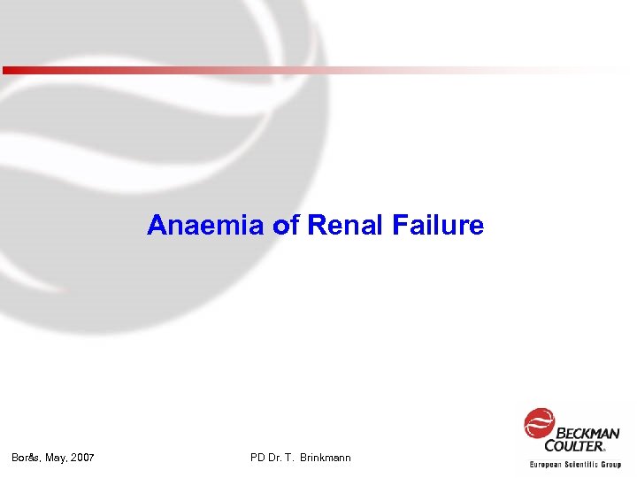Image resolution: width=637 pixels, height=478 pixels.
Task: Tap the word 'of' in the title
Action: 288,226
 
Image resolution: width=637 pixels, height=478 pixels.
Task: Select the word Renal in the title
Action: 341,226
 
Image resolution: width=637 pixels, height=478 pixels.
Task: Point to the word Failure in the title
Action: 434,226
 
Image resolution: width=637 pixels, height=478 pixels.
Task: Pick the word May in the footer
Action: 56,458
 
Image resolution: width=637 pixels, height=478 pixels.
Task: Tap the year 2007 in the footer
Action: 83,458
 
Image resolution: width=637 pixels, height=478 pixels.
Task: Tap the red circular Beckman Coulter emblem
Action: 539,424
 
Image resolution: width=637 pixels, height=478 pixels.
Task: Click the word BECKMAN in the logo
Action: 587,433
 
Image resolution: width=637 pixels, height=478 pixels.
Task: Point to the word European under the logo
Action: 549,464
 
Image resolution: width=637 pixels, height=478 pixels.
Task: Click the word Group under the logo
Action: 610,464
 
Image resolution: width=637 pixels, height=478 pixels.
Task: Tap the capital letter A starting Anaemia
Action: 157,226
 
